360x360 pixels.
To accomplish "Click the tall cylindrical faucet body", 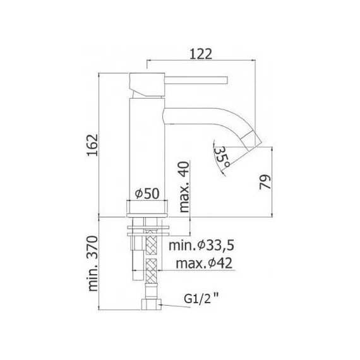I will pyautogui.click(x=147, y=145).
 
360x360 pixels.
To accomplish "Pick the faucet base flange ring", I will pyautogui.click(x=148, y=207).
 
